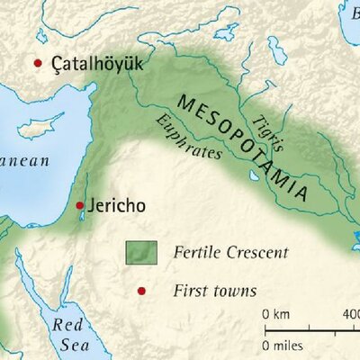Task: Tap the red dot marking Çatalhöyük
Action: [x=38, y=63]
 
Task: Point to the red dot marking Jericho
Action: [x=80, y=204]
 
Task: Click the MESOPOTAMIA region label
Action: [x=244, y=147]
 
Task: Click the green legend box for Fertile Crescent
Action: [x=141, y=253]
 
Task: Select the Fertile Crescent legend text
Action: [x=230, y=253]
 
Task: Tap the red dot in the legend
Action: [x=140, y=291]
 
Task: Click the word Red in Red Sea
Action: [x=67, y=324]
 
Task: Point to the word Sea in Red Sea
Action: [x=66, y=344]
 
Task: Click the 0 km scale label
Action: [x=277, y=314]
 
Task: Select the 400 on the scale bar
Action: [x=349, y=314]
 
